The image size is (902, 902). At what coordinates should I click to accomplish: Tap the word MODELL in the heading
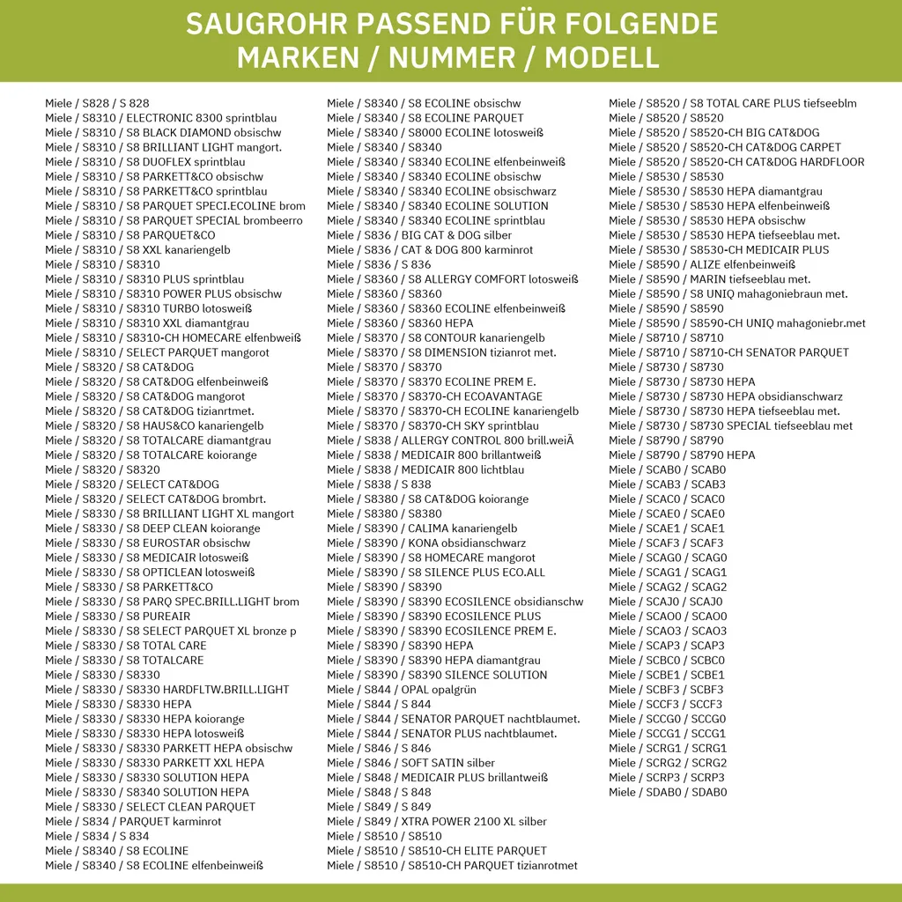pyautogui.click(x=603, y=57)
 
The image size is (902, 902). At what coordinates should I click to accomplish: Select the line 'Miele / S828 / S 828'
pyautogui.click(x=97, y=103)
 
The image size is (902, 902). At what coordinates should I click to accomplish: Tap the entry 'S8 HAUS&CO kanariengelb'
pyautogui.click(x=195, y=425)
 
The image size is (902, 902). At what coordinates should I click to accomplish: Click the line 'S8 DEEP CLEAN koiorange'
pyautogui.click(x=194, y=529)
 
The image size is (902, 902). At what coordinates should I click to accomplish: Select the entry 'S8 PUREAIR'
pyautogui.click(x=159, y=617)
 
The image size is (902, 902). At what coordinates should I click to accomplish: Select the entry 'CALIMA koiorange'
pyautogui.click(x=462, y=529)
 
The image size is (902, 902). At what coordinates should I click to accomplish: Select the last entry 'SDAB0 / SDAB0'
pyautogui.click(x=668, y=792)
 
